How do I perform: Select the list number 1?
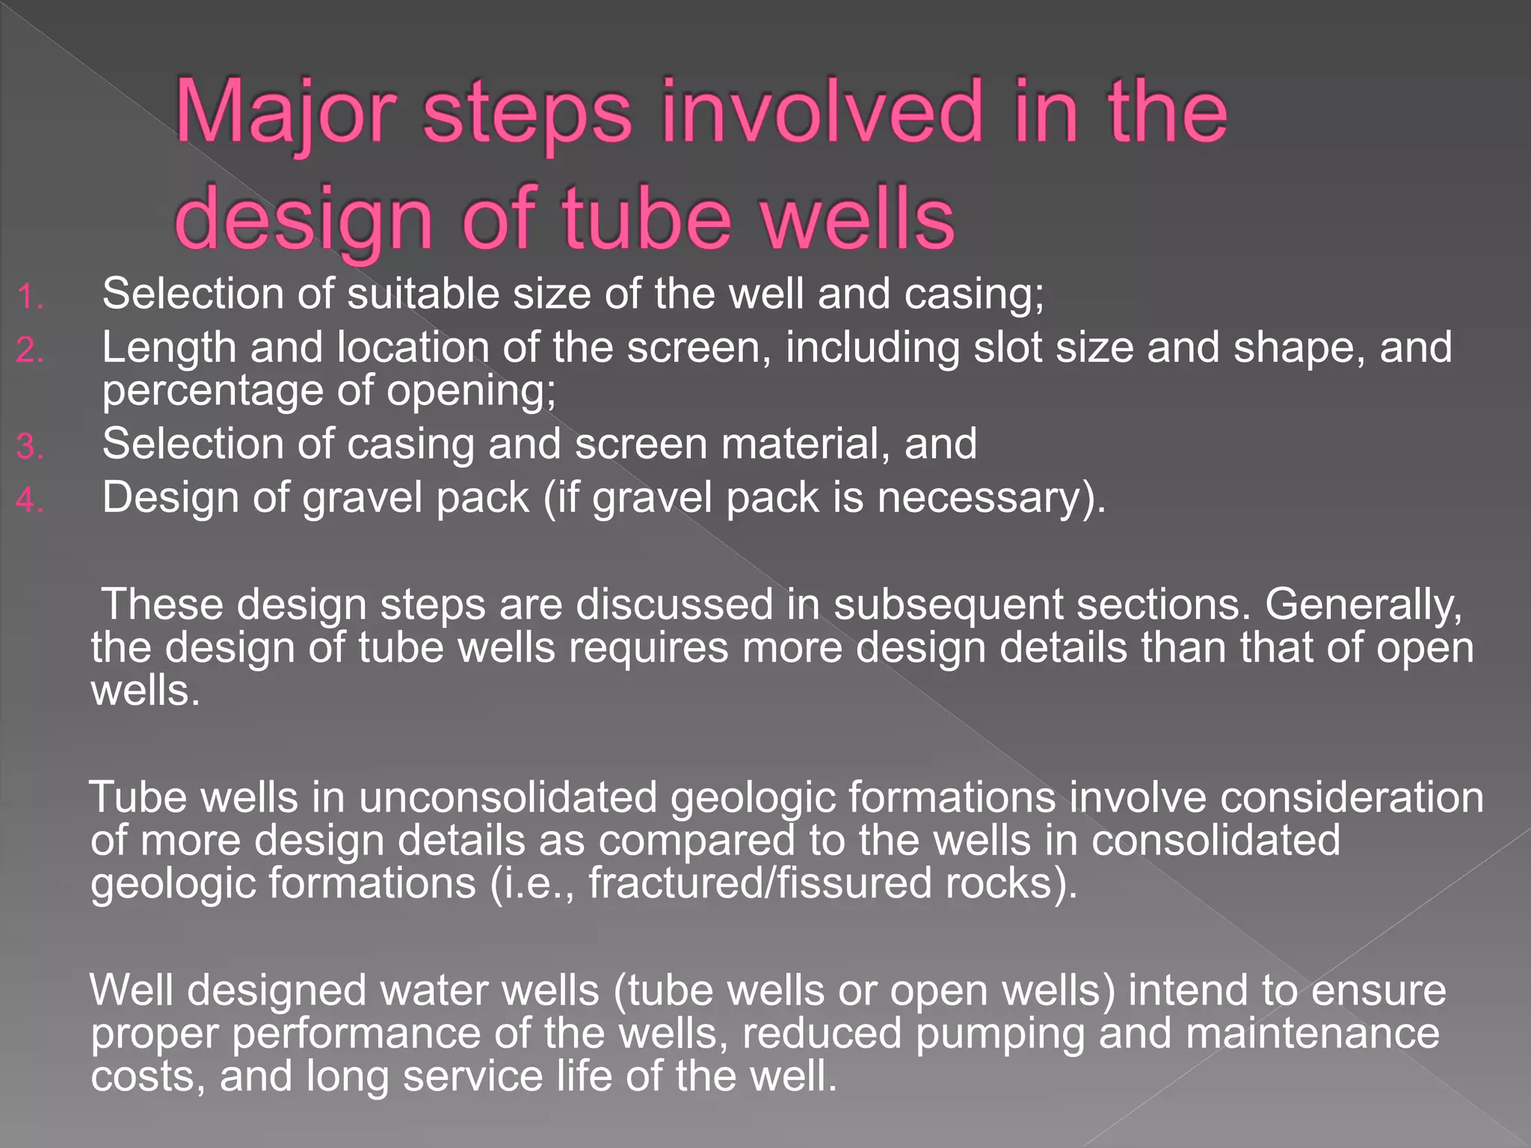click(x=30, y=297)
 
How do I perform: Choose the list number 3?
click(x=30, y=448)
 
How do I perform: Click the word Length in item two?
click(x=169, y=349)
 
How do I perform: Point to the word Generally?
click(x=1363, y=605)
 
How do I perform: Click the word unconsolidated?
click(x=508, y=797)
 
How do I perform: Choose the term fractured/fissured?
click(x=760, y=883)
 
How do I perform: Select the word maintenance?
click(x=1313, y=1034)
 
